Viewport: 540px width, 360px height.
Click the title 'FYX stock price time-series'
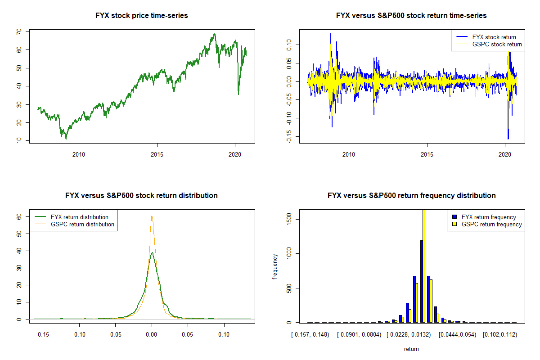tap(142, 16)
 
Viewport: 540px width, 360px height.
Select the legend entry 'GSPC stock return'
tap(497, 44)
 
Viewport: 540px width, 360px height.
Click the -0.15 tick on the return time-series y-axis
tap(288, 137)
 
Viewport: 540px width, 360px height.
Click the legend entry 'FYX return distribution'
tap(80, 217)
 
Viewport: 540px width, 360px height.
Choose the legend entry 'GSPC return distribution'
tap(82, 224)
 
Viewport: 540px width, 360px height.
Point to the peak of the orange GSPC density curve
tap(152, 216)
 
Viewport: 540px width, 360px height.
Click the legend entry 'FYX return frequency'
tap(489, 217)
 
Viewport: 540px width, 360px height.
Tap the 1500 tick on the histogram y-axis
tap(288, 219)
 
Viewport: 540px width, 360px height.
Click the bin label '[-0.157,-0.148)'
tap(310, 335)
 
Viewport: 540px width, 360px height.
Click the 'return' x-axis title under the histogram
tap(411, 349)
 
